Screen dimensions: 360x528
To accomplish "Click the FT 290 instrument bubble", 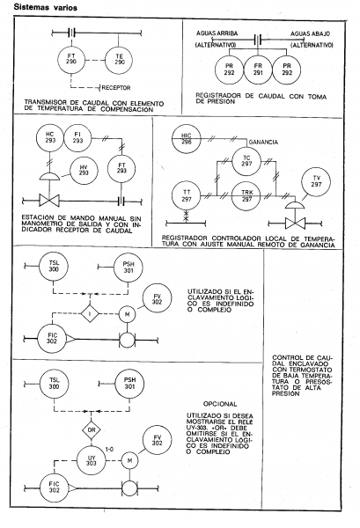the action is click(x=71, y=59).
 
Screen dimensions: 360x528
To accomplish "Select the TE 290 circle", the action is click(x=119, y=60).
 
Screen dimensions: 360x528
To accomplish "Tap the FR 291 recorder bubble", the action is click(x=258, y=70).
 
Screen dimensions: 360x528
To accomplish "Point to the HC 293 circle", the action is click(x=50, y=138).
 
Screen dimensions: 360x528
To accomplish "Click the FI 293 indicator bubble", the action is click(x=77, y=138).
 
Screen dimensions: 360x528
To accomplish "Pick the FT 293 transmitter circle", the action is click(x=121, y=168).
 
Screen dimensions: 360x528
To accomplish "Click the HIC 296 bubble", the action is click(x=187, y=139).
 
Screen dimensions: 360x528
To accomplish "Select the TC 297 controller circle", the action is click(x=246, y=161).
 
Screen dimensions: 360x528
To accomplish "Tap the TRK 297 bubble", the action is click(x=246, y=195).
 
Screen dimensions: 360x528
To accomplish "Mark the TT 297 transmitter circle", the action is click(x=187, y=195).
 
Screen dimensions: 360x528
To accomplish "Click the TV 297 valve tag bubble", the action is click(x=316, y=182).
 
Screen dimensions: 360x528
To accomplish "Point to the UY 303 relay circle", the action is click(x=92, y=460).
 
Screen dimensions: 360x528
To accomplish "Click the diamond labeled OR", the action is click(x=92, y=430).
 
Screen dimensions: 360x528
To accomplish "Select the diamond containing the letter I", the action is click(x=90, y=314).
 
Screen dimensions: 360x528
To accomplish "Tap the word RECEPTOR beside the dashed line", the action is click(x=116, y=88).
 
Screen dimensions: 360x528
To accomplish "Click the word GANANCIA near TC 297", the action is click(x=263, y=143).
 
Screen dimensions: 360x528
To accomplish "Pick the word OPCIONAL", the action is click(x=220, y=404).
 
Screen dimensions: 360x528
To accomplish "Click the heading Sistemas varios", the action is click(x=45, y=7).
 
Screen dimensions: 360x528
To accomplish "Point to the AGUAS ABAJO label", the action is click(x=310, y=34).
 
